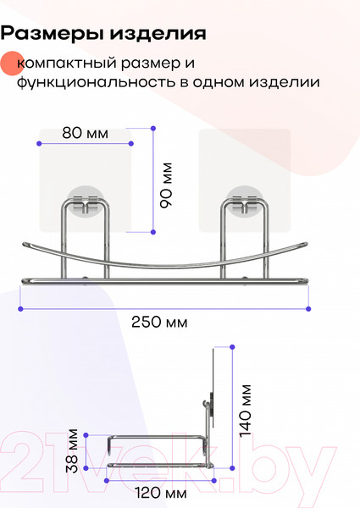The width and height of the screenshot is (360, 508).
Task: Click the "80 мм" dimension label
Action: coord(86,134)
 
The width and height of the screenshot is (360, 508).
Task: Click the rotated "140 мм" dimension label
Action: coord(246,410)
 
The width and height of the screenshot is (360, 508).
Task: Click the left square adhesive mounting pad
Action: coord(85,174)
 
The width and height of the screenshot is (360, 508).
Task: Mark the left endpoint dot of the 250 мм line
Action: coord(21,309)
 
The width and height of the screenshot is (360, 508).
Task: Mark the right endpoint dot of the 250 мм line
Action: coord(309,309)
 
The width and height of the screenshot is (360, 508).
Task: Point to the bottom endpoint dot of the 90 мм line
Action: coord(153,231)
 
